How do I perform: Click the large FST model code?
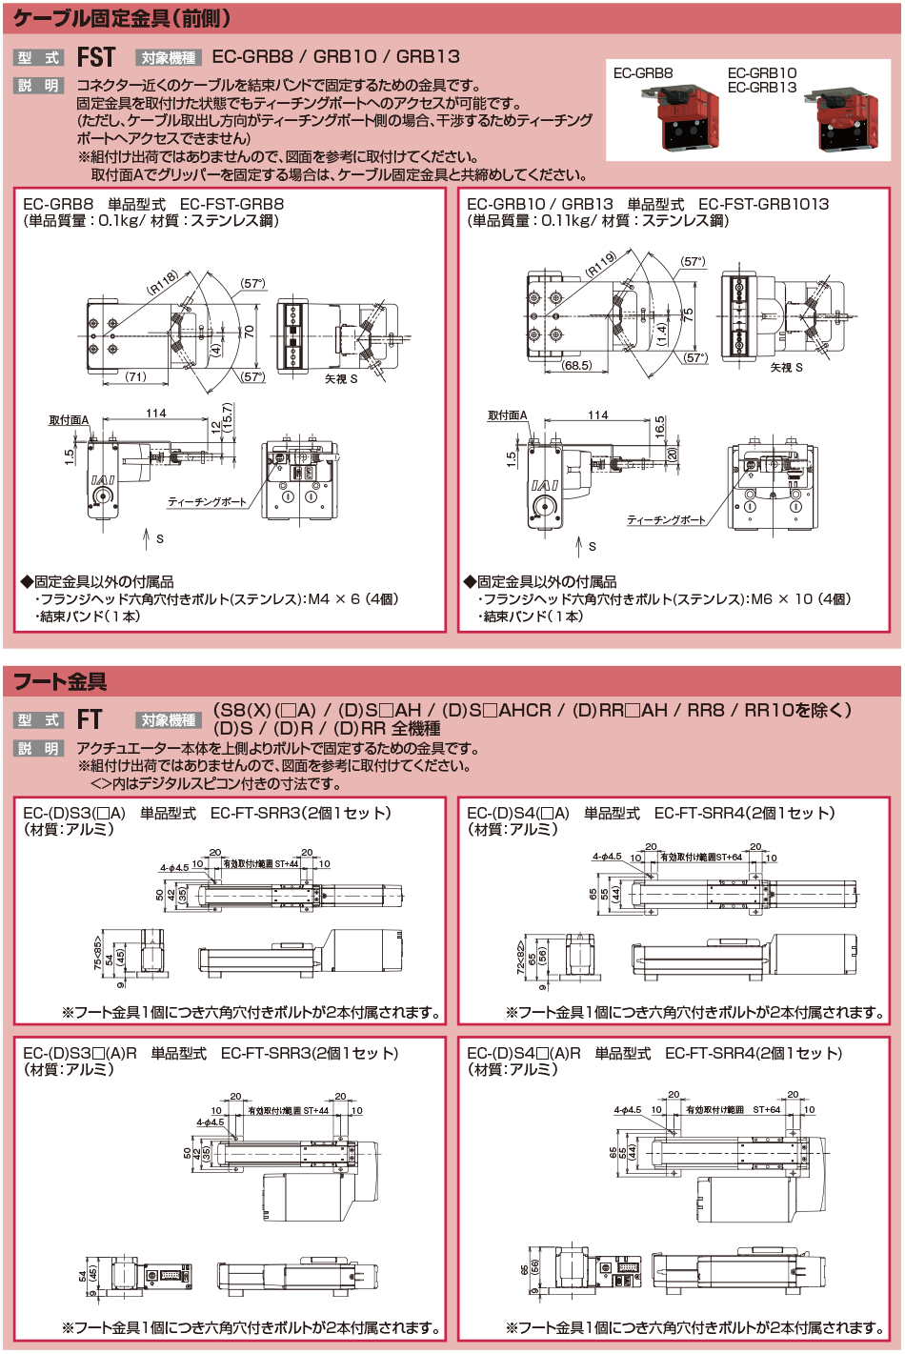click(x=96, y=57)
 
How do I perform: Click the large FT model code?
click(x=90, y=720)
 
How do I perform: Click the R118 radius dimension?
click(x=163, y=282)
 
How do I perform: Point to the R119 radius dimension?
click(x=602, y=264)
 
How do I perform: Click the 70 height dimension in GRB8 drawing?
click(x=250, y=332)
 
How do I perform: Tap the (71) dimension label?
click(x=136, y=377)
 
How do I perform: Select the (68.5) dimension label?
click(x=577, y=365)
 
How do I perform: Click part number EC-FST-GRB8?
click(x=231, y=204)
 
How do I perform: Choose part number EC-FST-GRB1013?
click(x=763, y=204)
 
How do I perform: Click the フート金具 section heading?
click(x=60, y=681)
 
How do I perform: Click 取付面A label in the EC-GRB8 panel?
click(x=69, y=420)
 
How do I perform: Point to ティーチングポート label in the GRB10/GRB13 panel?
click(x=666, y=520)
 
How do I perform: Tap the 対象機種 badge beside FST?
click(x=169, y=58)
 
